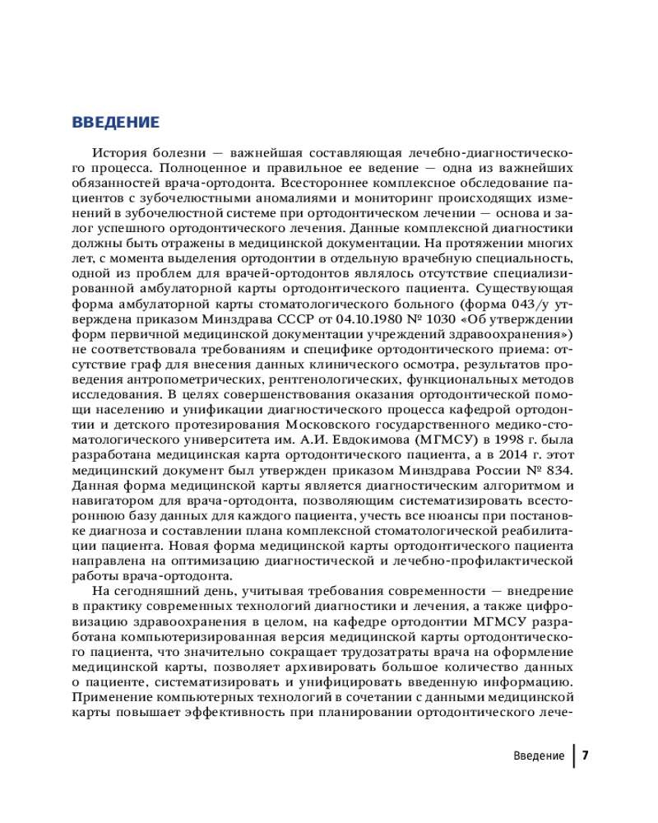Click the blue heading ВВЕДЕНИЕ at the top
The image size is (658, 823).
pyautogui.click(x=115, y=123)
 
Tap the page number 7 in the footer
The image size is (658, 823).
pyautogui.click(x=585, y=756)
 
